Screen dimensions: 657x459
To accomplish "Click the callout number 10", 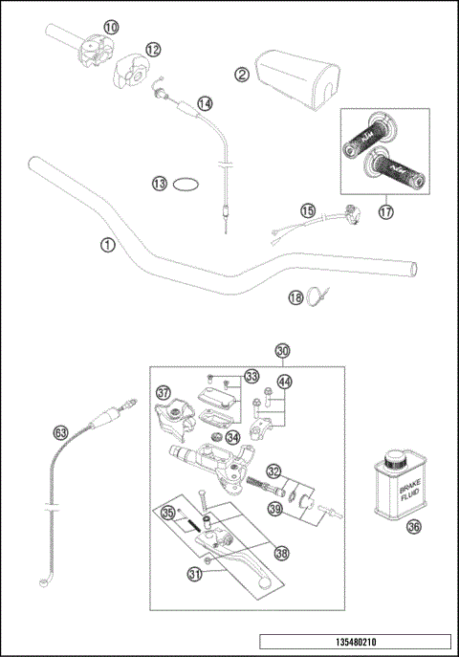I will [112, 27].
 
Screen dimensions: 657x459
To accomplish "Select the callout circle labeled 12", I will [153, 49].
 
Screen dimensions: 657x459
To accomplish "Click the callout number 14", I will [205, 102].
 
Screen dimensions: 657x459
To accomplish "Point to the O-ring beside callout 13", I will [188, 184].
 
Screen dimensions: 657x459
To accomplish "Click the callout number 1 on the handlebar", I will [107, 245].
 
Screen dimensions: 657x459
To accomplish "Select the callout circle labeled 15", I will [307, 210].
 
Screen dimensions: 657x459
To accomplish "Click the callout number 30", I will [281, 351].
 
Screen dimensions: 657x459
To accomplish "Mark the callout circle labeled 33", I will [251, 376].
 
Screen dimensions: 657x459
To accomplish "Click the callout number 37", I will [164, 392].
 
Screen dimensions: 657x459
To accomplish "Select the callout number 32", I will [273, 471].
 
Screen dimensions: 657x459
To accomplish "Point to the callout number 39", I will [274, 510].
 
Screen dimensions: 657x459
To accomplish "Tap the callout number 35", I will [168, 513].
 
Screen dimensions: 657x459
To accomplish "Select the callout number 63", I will [61, 432].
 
